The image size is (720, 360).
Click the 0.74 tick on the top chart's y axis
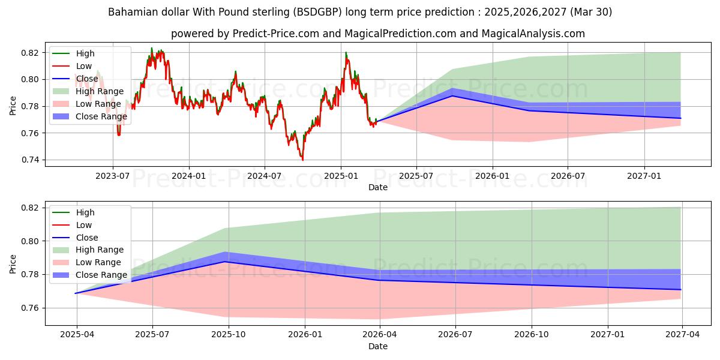tap(31, 160)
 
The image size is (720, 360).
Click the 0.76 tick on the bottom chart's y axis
tap(31, 308)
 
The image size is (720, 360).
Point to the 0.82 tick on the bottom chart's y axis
tap(31, 208)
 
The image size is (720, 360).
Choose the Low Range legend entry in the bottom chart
tap(98, 262)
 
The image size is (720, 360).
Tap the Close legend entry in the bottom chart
tap(86, 238)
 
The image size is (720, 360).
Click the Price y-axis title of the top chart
tap(13, 106)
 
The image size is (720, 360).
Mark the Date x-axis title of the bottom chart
tap(378, 346)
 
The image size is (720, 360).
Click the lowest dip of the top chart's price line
tap(302, 160)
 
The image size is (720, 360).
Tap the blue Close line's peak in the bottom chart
tap(225, 262)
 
